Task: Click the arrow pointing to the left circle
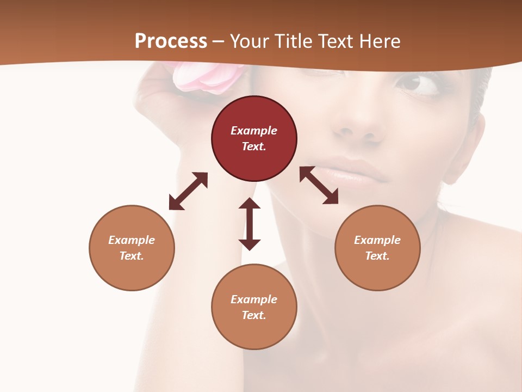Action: pos(188,191)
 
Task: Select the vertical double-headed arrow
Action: pos(250,224)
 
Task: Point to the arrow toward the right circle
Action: pos(319,185)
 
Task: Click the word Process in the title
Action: pos(171,41)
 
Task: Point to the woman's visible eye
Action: pos(415,84)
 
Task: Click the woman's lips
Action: pos(348,171)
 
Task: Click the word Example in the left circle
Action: pos(132,240)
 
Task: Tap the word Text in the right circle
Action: pos(377,256)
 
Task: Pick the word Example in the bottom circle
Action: pos(254,299)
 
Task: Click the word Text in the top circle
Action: pos(254,146)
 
